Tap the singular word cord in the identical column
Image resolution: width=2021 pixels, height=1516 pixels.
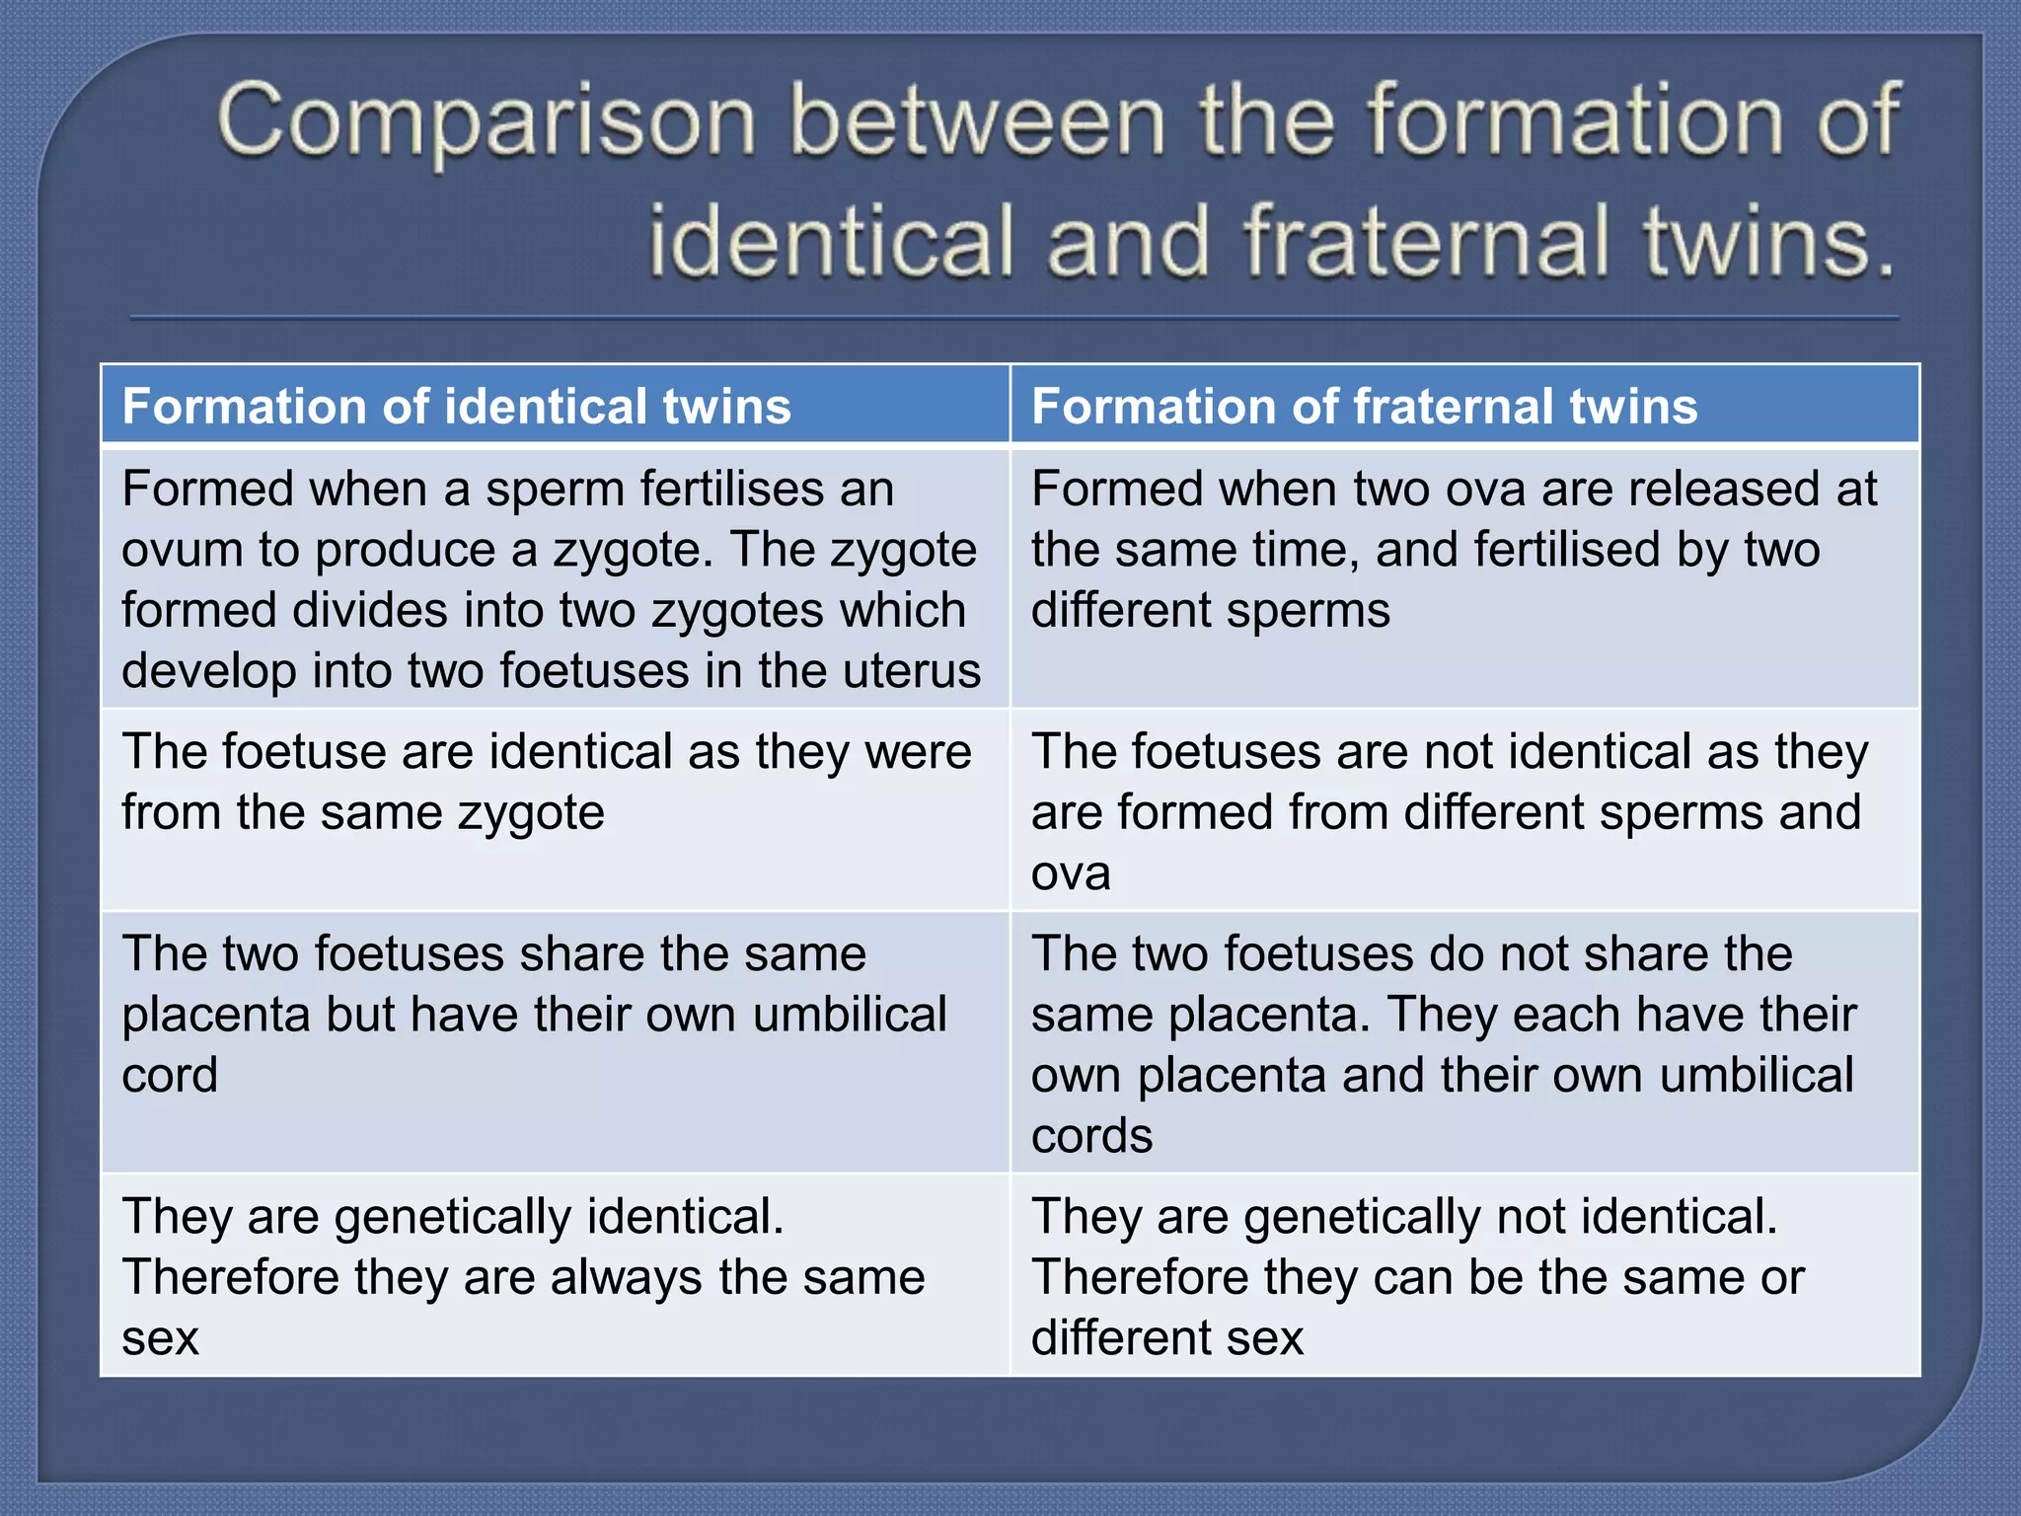pos(169,1075)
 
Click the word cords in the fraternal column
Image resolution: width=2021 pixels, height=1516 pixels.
pos(1091,1136)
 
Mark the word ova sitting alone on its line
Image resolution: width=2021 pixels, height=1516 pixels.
pos(1071,873)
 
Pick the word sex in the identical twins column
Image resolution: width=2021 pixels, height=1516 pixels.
pos(160,1338)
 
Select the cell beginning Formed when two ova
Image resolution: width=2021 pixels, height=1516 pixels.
pos(1464,577)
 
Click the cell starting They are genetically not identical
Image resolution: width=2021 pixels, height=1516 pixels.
pos(1464,1275)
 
